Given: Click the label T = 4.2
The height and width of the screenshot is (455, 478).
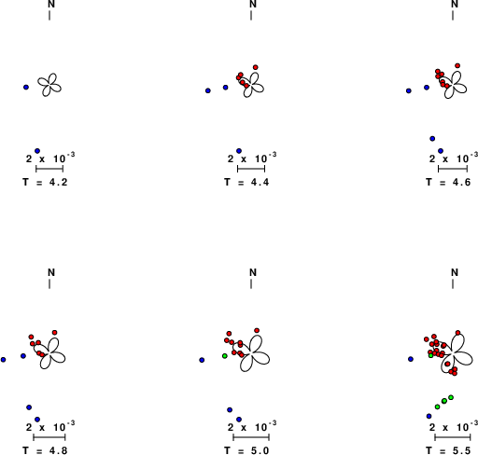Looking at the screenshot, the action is (x=45, y=182).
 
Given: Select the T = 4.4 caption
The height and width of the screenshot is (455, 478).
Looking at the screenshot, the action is (x=246, y=182).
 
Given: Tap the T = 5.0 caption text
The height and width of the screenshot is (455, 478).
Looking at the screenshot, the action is (x=246, y=450).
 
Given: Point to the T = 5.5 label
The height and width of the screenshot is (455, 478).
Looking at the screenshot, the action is (x=448, y=450).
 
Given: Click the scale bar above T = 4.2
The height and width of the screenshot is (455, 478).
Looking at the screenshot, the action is (x=49, y=169).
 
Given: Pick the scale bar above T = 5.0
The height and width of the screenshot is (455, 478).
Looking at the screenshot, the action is (x=251, y=437).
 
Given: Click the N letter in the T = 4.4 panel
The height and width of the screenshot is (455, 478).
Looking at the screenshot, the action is (x=253, y=4).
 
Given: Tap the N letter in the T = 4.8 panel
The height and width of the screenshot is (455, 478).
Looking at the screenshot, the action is (x=51, y=272).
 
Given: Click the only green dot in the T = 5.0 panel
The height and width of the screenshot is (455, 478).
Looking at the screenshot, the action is (x=225, y=356).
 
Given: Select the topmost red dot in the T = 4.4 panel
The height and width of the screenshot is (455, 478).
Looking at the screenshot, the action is (x=256, y=67).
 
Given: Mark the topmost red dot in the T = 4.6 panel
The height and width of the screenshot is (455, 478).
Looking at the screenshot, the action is (x=457, y=65).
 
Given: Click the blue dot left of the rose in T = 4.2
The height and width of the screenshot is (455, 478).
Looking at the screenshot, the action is (x=26, y=88).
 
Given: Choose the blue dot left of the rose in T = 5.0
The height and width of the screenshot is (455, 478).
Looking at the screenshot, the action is (x=202, y=360).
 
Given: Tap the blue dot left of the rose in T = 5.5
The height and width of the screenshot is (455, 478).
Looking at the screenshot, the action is (x=411, y=359).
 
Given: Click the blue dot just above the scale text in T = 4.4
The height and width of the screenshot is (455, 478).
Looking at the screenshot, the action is (x=239, y=151).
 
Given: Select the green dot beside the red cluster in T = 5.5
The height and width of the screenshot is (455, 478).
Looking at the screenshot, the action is (x=431, y=355).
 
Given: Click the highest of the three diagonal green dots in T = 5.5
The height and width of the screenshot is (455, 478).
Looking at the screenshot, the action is (x=451, y=397).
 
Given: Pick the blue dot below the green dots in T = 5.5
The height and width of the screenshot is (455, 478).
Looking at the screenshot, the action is (x=429, y=416).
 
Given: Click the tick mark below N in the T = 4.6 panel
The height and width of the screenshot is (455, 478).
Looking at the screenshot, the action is (x=453, y=15).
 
